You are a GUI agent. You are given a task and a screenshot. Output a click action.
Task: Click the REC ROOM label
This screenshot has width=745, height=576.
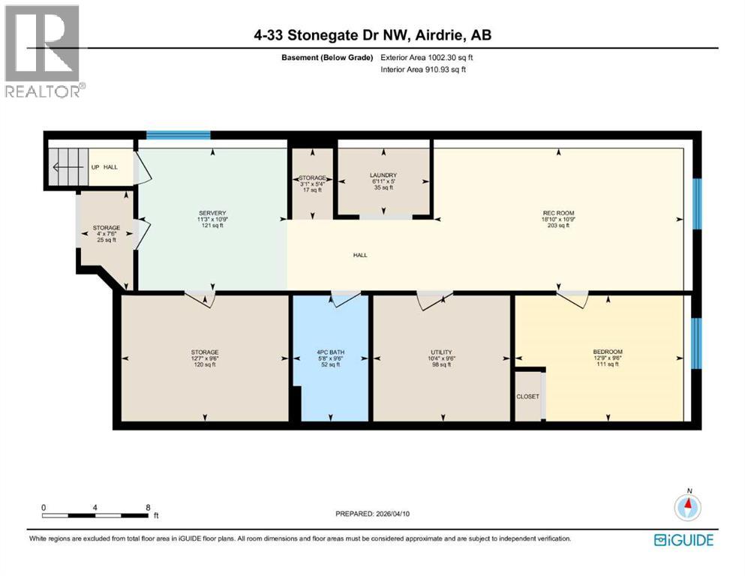559,213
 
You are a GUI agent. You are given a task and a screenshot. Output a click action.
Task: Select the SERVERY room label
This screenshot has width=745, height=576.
212,213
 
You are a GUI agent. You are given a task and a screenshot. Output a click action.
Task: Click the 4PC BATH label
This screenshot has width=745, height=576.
330,352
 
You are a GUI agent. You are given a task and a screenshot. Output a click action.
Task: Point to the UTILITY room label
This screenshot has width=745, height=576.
440,352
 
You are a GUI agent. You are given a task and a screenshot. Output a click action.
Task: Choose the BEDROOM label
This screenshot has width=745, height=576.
607,352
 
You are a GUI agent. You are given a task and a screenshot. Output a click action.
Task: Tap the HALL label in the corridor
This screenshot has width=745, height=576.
360,255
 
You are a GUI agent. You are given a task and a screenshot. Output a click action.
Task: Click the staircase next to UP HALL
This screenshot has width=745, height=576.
64,167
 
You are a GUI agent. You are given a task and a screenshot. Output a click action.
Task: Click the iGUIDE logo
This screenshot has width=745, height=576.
683,540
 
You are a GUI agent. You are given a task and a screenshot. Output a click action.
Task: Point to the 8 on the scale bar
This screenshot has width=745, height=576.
148,507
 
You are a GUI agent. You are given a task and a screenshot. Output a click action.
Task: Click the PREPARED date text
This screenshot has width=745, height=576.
372,514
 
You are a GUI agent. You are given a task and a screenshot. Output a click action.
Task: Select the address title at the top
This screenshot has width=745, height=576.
372,34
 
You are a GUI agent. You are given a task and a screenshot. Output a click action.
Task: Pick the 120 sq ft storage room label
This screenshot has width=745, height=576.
204,358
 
